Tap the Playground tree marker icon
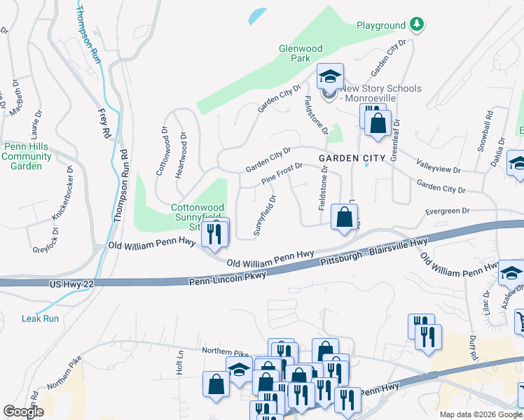point(417,25)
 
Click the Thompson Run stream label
point(89,35)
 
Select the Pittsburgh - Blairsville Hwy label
point(373,251)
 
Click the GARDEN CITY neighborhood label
point(352,158)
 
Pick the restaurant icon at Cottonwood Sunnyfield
point(215,233)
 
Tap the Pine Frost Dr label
point(282,174)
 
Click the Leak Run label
point(40,318)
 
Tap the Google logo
point(24,412)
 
